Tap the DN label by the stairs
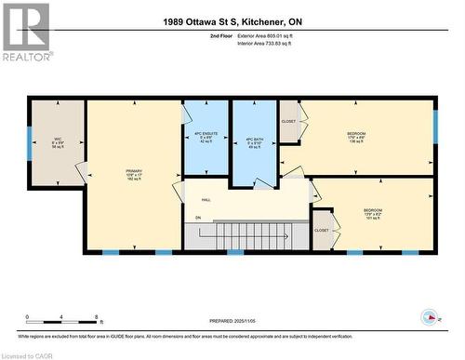(197, 218)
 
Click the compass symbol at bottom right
(430, 316)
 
